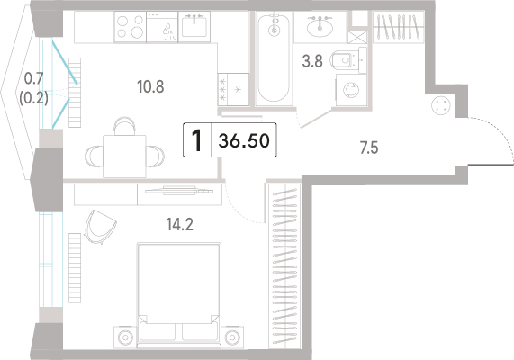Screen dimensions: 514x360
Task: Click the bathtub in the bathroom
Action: coord(274,58)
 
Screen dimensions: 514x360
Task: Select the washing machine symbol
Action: coord(351,90)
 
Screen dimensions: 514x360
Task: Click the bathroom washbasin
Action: coord(320,27)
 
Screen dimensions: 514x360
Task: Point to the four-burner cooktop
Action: coord(131,27)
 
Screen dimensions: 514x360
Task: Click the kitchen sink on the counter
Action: coord(194,27)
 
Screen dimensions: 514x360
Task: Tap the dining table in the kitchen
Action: coord(124,157)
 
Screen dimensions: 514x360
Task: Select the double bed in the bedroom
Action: coord(178,295)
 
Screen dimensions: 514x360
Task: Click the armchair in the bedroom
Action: coord(99,227)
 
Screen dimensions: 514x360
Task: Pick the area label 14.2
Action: coord(179,225)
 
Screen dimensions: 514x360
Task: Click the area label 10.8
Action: coord(150,87)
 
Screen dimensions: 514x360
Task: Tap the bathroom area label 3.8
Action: coord(312,61)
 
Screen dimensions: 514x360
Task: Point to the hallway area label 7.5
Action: coord(369,148)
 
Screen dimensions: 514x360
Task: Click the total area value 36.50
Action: coord(244,140)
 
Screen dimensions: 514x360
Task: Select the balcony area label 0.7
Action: coord(34,78)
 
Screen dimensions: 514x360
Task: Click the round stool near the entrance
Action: coord(441,106)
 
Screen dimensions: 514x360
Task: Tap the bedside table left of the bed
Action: coord(125,337)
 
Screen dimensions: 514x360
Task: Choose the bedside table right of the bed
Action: coord(232,337)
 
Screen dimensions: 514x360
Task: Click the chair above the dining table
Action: coord(124,126)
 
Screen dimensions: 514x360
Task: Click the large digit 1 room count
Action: coord(196,140)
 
